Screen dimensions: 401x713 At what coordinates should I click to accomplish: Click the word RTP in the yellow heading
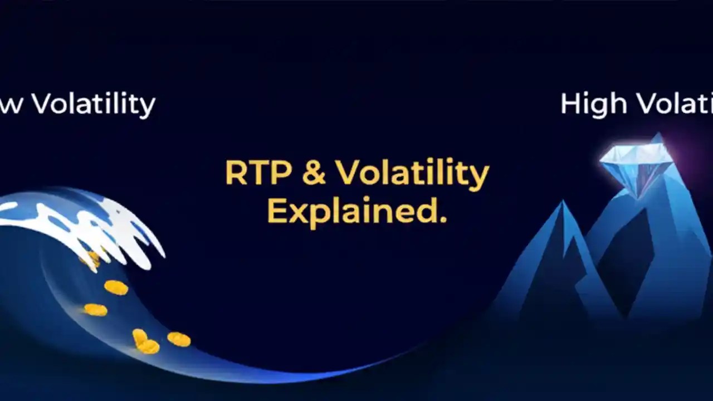click(x=258, y=173)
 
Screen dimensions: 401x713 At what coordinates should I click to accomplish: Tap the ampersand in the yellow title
click(x=314, y=173)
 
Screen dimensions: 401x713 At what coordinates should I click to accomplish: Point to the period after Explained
click(x=443, y=219)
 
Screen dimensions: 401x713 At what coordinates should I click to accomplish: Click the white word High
click(x=593, y=104)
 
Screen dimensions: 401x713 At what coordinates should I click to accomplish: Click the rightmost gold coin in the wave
click(x=179, y=339)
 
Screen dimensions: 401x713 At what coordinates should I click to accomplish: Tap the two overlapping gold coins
click(x=144, y=342)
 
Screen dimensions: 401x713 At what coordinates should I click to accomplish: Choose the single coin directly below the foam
click(x=116, y=287)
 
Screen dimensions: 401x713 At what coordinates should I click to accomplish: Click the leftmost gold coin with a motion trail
click(x=95, y=310)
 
